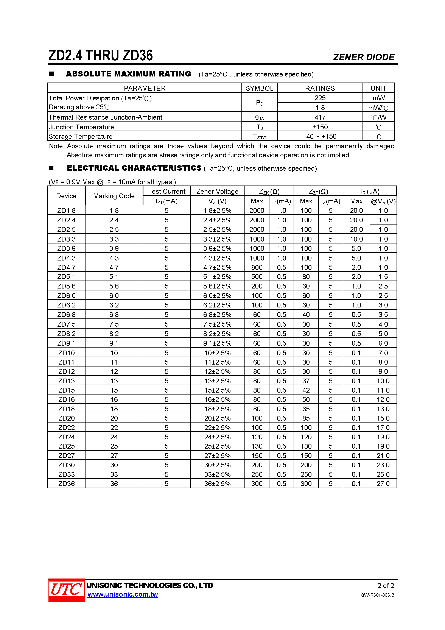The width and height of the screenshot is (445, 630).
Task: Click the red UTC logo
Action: (66, 590)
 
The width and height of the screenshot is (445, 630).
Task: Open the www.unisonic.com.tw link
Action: (123, 595)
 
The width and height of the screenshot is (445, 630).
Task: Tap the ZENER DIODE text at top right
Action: (364, 57)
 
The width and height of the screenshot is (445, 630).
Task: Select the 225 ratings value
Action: (320, 98)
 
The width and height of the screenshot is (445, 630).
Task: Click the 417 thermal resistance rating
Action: (320, 117)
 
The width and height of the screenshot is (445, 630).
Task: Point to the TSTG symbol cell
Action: (259, 136)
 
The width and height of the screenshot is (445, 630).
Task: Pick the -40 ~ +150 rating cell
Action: (320, 136)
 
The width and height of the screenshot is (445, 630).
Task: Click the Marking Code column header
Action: (114, 196)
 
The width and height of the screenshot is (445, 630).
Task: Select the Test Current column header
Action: (166, 191)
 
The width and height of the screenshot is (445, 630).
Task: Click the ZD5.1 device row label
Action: (66, 277)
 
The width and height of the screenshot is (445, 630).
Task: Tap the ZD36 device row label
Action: (66, 484)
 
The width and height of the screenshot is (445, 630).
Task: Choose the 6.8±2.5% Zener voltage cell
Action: (217, 315)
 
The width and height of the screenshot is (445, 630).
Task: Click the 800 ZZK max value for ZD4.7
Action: (257, 268)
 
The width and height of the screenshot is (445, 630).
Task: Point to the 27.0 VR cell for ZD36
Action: (383, 484)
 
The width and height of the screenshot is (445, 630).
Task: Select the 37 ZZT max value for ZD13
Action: (306, 381)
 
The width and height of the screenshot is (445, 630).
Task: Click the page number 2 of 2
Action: (386, 586)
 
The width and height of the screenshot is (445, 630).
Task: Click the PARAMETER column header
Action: (145, 88)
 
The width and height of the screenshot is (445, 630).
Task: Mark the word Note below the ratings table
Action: (56, 146)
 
